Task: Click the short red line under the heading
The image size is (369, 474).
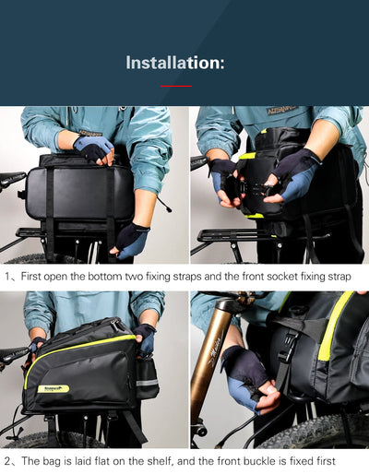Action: (x=175, y=86)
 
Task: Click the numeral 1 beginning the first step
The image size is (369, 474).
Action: (x=6, y=275)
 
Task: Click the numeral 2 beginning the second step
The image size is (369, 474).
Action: (x=6, y=460)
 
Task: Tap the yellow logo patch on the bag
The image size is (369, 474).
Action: (x=53, y=388)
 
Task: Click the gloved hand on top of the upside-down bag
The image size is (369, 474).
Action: (x=92, y=148)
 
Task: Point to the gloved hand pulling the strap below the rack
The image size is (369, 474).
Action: (x=131, y=239)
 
